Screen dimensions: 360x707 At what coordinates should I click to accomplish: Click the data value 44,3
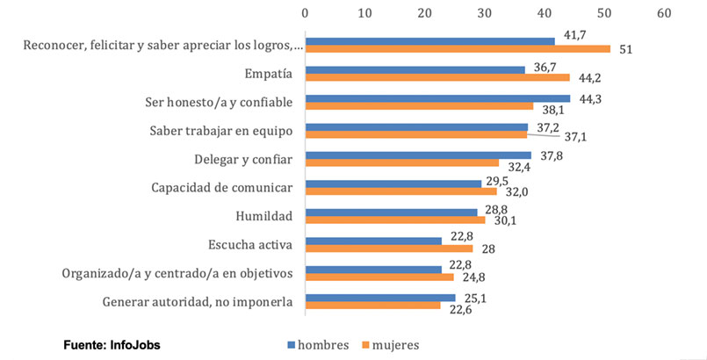589,98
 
